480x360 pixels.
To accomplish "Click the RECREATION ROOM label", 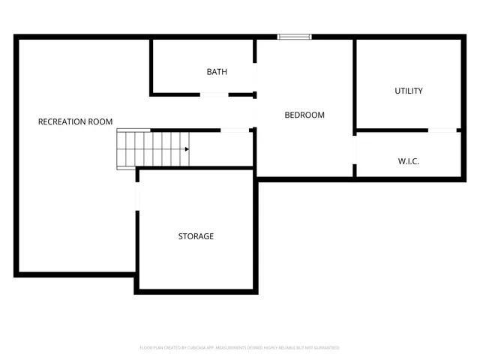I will [75, 121].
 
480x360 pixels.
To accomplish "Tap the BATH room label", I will [217, 72].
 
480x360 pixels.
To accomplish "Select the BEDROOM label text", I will [304, 115].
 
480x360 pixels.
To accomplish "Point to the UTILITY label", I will [409, 91].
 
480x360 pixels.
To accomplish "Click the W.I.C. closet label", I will [408, 162].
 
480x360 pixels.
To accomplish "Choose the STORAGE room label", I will [196, 236].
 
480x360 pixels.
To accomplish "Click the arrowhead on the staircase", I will [187, 148].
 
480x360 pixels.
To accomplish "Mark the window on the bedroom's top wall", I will [293, 36].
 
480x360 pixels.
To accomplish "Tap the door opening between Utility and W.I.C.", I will [442, 131].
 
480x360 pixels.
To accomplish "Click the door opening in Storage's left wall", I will [137, 196].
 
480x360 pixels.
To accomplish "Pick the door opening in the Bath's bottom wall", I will [214, 94].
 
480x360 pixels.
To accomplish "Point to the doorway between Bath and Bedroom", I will [256, 78].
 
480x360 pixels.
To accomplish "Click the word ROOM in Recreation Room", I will [100, 121].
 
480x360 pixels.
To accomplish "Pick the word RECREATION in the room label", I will [61, 121].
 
